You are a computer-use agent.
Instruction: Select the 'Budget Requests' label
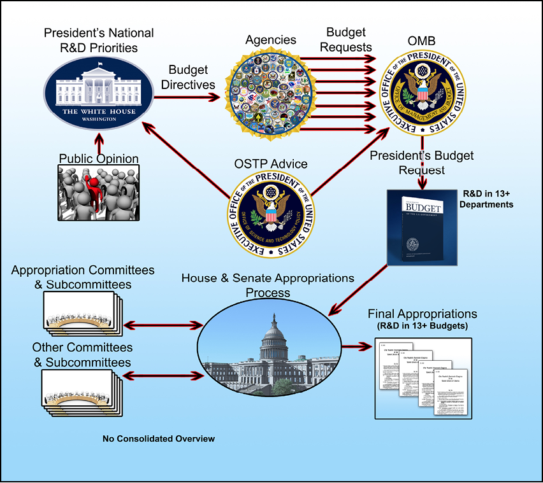coord(345,39)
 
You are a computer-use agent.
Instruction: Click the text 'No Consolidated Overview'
coord(159,439)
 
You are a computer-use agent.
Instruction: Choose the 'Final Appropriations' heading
coord(423,314)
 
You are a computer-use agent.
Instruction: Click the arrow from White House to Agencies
coord(185,97)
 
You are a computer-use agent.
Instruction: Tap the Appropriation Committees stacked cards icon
coord(82,311)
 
